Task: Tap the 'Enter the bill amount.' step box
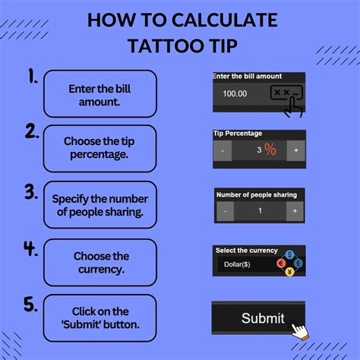[100, 93]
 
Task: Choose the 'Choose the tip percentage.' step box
[100, 149]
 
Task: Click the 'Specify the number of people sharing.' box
[100, 205]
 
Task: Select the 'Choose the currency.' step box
[100, 262]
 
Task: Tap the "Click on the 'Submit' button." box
[100, 318]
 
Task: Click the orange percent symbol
[270, 150]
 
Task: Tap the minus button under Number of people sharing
[225, 212]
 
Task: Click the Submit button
[258, 317]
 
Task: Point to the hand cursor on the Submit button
[302, 331]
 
